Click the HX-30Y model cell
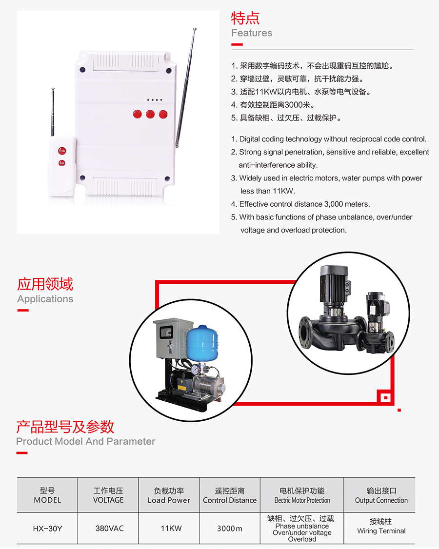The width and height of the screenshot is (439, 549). (x=47, y=529)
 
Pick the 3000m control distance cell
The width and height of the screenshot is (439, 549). (x=229, y=529)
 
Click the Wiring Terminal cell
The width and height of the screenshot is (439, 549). (x=381, y=526)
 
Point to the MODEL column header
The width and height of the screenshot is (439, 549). (x=47, y=495)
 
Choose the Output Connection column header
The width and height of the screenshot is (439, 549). (x=381, y=495)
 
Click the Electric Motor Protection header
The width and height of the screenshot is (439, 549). (x=302, y=495)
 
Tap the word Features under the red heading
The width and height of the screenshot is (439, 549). (x=252, y=33)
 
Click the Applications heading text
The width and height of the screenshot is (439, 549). (x=45, y=299)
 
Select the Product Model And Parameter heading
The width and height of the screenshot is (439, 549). (x=85, y=441)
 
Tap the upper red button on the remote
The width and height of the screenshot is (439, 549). (x=62, y=151)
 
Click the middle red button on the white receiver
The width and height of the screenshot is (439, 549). (x=150, y=114)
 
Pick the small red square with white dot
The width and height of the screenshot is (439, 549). (x=386, y=397)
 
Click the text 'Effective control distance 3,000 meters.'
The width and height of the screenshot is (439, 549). (x=304, y=204)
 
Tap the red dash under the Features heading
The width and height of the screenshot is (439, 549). (x=237, y=44)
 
